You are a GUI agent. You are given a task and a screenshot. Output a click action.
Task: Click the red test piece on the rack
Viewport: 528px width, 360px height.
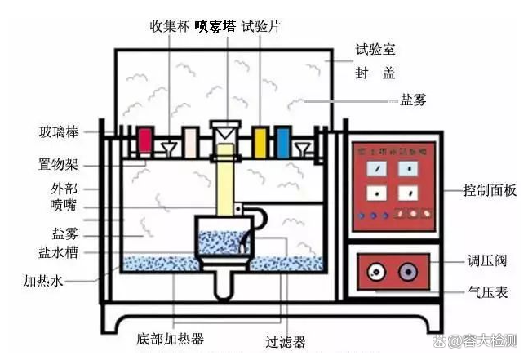tap(146, 141)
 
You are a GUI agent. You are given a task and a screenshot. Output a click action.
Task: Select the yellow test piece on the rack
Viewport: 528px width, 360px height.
tap(260, 140)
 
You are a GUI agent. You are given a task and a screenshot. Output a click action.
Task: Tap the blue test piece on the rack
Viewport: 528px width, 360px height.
tap(282, 140)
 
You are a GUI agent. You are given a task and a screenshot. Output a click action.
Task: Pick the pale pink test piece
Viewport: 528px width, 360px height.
tap(190, 141)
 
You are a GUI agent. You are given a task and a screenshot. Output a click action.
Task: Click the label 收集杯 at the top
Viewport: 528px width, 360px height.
tap(169, 25)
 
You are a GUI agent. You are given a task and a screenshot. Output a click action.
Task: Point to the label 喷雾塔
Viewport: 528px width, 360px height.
tap(215, 25)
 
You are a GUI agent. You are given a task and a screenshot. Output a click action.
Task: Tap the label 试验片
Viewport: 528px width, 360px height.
tap(262, 25)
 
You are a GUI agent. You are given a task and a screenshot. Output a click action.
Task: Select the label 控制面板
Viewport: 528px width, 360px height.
tap(489, 191)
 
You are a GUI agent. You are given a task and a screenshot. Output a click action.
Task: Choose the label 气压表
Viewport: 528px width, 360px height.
tap(488, 291)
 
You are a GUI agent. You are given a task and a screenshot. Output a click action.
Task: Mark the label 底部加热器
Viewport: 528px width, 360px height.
tap(171, 337)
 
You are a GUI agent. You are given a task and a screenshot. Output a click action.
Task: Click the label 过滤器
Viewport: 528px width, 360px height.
tap(286, 343)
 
